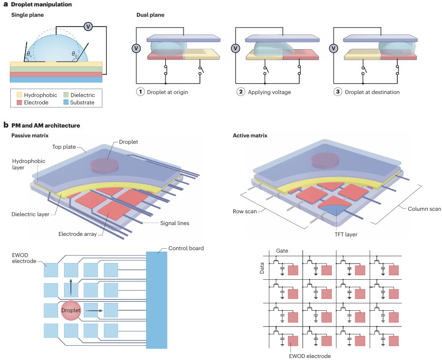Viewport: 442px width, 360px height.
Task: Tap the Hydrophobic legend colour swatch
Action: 19,95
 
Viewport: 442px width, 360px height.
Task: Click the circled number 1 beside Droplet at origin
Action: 141,92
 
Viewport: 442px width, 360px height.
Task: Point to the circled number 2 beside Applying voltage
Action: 241,92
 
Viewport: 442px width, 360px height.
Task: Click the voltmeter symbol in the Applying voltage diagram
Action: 236,48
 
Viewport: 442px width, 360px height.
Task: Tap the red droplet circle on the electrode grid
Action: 71,311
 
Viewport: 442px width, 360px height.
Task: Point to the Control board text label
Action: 186,248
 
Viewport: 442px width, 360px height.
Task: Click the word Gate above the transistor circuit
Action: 283,251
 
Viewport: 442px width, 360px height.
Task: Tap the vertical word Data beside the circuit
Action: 262,268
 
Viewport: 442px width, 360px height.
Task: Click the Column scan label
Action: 424,209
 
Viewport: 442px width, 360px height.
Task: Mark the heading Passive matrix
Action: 30,135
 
